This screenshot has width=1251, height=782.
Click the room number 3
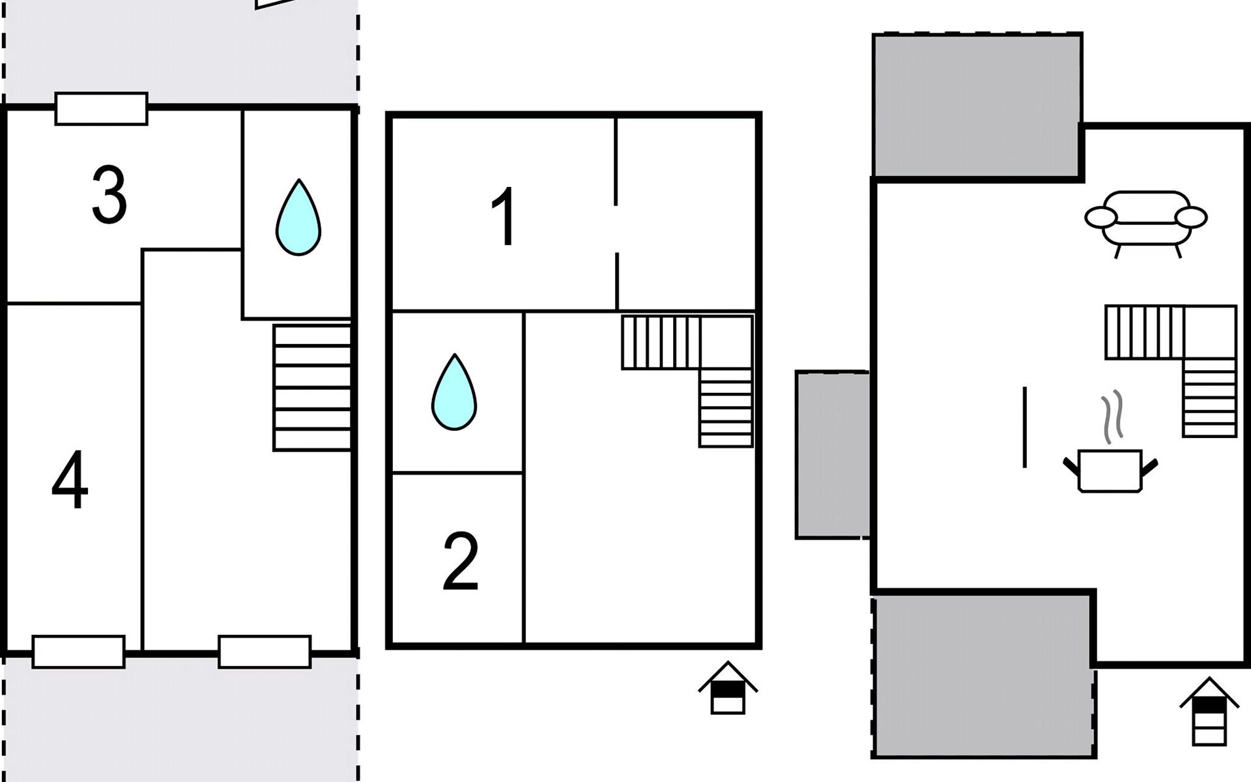(109, 195)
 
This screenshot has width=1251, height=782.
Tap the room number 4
(70, 480)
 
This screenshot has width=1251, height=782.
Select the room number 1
(504, 216)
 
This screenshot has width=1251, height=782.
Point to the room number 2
(461, 561)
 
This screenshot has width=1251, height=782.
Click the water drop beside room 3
(298, 218)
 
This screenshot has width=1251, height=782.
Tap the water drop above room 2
(454, 392)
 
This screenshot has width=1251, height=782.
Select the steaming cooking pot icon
(1110, 456)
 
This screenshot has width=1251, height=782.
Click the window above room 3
(101, 109)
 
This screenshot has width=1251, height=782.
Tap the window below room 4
(79, 652)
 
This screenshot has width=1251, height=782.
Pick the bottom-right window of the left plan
(265, 652)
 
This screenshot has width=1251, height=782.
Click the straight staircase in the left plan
(312, 388)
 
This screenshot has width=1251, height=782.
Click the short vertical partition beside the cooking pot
(1025, 427)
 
